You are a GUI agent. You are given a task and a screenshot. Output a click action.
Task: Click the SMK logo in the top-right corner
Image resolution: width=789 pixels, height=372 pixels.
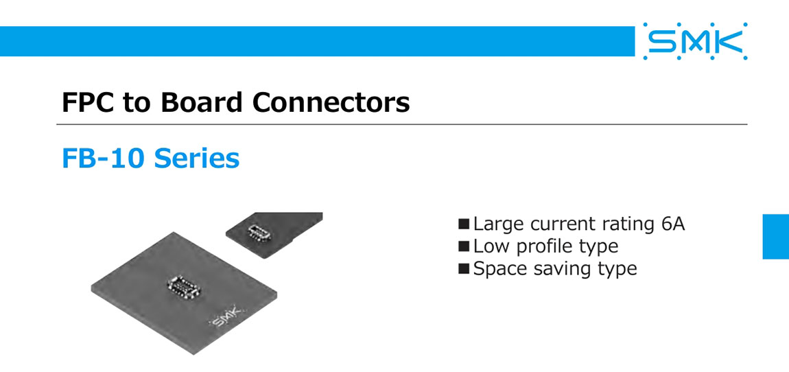coord(695,41)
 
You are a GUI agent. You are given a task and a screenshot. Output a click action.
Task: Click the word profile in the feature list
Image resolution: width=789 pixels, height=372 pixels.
coord(545,246)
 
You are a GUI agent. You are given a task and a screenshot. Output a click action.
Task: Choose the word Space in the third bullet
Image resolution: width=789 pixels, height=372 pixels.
coord(500,268)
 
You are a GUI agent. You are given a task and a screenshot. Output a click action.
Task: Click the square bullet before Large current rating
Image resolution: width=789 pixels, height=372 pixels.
coord(464,224)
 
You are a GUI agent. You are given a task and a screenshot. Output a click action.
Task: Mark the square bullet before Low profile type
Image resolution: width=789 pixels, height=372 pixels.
coord(464,246)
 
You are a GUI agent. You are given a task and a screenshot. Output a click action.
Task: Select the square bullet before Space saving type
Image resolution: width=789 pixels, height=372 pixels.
coord(464,268)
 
